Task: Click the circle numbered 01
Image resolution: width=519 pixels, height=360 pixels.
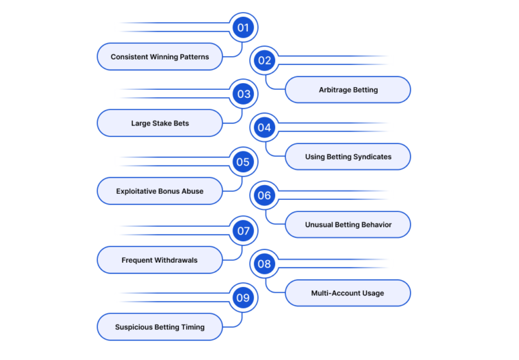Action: [243, 28]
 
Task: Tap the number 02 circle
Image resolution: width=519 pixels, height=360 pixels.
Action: [264, 61]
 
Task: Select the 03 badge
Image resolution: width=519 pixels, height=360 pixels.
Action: [243, 94]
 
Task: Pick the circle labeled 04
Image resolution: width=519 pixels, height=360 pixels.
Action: [264, 128]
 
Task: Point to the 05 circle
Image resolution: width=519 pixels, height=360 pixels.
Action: [243, 162]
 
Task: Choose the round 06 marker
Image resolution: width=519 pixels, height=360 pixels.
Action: [264, 196]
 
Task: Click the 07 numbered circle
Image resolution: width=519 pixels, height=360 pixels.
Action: [243, 230]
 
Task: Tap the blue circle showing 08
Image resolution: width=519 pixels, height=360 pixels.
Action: [264, 264]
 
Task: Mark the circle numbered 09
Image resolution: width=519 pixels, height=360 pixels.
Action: [243, 298]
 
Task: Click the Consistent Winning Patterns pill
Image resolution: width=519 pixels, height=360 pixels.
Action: [159, 57]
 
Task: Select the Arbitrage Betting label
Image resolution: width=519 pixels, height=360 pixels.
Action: [348, 90]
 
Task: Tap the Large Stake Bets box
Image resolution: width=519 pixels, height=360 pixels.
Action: [159, 123]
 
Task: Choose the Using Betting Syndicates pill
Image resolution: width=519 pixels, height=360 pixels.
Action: [348, 157]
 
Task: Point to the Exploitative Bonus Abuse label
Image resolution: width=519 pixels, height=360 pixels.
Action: [159, 191]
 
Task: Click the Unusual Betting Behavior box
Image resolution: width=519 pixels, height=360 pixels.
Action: [348, 225]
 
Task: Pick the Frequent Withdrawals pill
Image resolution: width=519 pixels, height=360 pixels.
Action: [159, 260]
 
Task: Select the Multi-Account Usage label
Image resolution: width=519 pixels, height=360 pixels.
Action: [348, 293]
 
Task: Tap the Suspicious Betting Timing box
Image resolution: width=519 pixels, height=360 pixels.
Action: [159, 327]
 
